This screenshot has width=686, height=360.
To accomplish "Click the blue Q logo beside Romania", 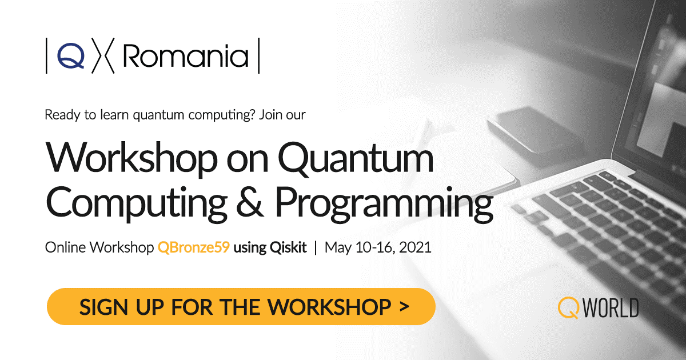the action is pos(71,56).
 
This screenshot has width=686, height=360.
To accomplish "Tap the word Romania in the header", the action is pos(186,56).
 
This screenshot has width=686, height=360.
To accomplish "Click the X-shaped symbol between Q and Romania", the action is pos(103,56).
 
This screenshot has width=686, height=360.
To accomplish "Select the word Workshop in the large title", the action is pos(131,159).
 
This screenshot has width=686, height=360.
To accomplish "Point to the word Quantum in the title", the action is pos(356,159).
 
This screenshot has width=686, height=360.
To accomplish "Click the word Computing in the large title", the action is pos(137,203).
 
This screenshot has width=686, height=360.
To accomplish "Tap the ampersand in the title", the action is pos(250,202).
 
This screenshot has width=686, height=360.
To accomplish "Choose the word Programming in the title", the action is pos(384,203).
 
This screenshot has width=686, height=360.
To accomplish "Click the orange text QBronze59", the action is pos(194,247).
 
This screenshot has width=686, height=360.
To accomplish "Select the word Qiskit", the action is pos(288,247).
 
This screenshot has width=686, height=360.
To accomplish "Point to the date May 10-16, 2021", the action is pos(378,247).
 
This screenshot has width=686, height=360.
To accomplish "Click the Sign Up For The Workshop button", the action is pos(241,306).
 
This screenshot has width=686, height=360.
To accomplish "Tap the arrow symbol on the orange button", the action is pos(404,306).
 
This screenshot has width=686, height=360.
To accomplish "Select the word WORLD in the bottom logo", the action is pos(611,307).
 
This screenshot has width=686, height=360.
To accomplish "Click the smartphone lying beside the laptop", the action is pos(535,130).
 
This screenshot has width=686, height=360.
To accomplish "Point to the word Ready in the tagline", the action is pos(63,115).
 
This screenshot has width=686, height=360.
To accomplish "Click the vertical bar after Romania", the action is pos(259,56).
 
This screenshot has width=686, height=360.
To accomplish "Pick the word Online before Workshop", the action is pos(66,247).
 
